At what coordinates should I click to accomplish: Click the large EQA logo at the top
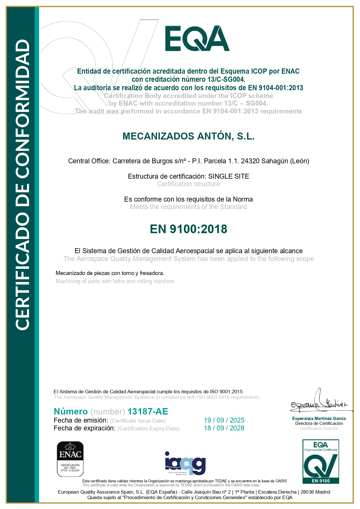197,39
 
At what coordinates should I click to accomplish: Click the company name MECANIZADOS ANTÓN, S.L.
189,136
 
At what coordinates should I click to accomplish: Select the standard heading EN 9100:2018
189,229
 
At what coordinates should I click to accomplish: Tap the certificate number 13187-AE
148,411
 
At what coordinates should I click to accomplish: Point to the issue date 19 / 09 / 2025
224,420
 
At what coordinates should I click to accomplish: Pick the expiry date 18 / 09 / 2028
224,428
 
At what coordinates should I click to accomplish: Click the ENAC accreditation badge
70,459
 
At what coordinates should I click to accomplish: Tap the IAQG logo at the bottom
185,463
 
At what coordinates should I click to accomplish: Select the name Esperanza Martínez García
319,419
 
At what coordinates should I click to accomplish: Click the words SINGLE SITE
229,176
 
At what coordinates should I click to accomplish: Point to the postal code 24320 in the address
250,161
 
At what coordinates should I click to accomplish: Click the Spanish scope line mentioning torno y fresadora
110,273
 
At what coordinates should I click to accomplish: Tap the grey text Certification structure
189,184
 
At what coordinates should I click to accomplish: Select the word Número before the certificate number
71,411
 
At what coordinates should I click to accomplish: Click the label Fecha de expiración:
85,428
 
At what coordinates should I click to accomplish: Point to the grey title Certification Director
319,428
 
